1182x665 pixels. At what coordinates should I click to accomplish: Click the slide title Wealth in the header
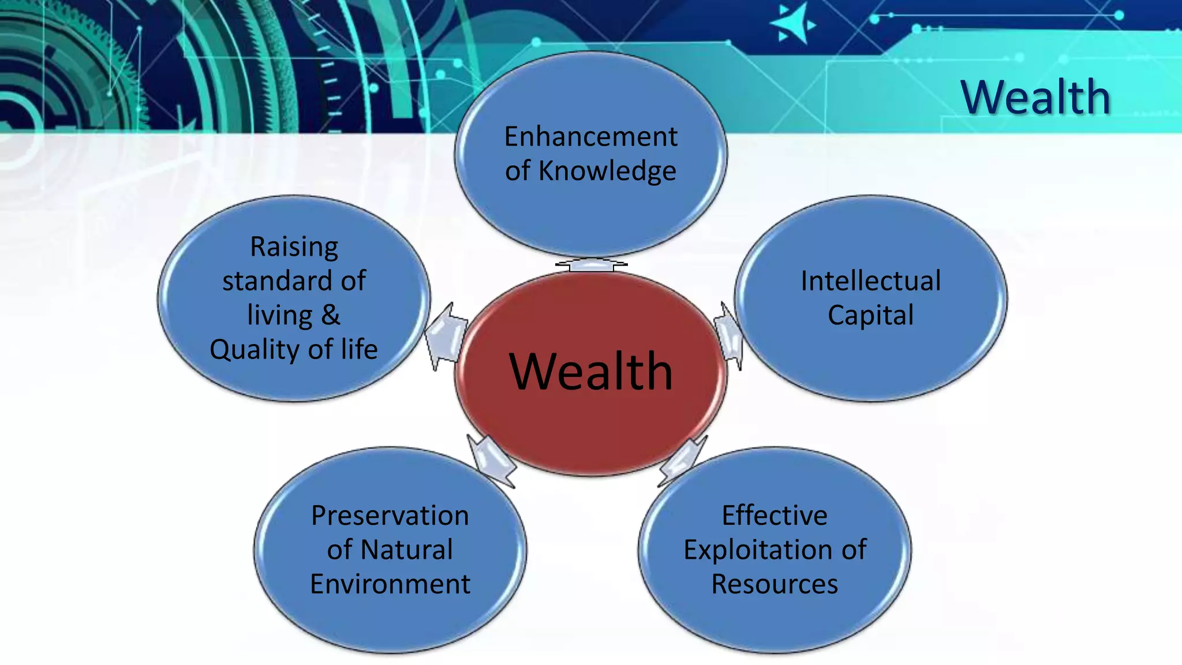click(x=1035, y=97)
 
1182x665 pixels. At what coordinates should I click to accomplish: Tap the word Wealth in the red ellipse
click(x=590, y=371)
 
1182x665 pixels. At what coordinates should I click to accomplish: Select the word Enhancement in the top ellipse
click(x=590, y=137)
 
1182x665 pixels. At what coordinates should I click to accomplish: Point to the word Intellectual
click(x=870, y=281)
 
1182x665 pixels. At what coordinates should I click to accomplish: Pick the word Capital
click(x=870, y=316)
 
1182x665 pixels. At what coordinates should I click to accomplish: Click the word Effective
click(x=775, y=515)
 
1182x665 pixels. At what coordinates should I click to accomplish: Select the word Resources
click(x=775, y=584)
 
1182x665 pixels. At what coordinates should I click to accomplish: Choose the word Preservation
click(x=390, y=515)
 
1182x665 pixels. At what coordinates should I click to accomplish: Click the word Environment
click(x=390, y=584)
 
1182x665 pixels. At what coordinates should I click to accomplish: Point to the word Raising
click(x=294, y=247)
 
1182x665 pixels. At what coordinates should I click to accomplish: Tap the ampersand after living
click(x=331, y=315)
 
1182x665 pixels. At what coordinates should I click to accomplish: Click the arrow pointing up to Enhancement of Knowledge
click(x=590, y=264)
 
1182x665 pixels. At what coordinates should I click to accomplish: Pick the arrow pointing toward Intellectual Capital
click(x=729, y=336)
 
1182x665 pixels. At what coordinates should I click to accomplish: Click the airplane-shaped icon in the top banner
click(x=793, y=24)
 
